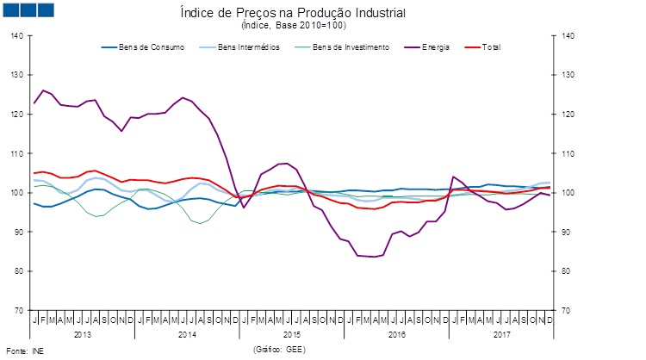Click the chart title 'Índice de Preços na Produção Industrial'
point(292,14)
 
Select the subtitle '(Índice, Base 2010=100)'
point(292,26)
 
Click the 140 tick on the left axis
point(17,36)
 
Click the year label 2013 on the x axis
point(83,333)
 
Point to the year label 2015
point(292,333)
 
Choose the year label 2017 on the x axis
point(500,333)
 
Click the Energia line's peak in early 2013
point(43,90)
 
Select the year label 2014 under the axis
point(187,333)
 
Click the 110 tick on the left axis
point(17,153)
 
